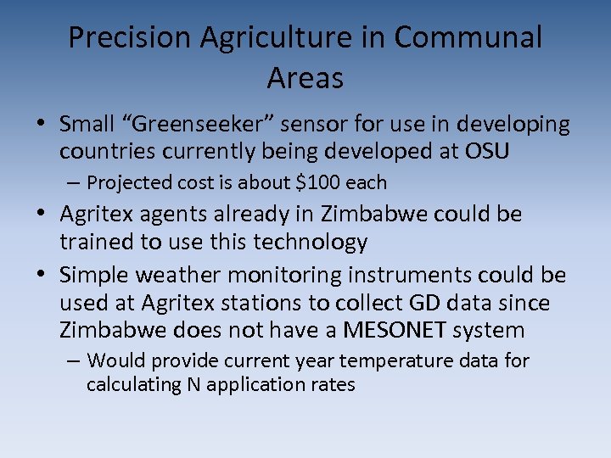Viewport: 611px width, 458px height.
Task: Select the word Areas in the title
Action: [305, 78]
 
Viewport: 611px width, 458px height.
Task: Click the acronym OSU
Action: [512, 152]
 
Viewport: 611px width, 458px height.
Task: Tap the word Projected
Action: [125, 182]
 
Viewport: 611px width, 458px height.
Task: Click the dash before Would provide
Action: [74, 361]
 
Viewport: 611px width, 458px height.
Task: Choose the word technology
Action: [306, 242]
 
